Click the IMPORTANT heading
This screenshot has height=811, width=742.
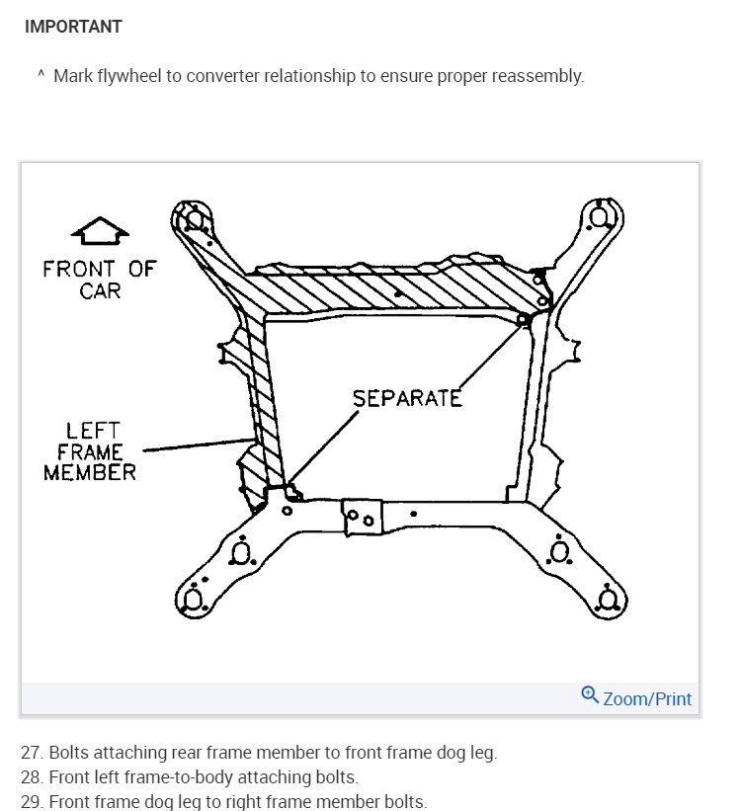coord(73,27)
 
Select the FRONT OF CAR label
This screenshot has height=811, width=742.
coord(99,279)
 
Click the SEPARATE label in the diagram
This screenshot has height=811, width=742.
coord(407,398)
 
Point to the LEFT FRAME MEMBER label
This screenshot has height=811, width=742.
coord(92,451)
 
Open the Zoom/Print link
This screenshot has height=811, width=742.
coord(647,698)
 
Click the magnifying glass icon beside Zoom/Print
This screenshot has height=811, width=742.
coord(590,695)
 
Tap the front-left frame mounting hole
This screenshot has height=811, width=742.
coord(194,218)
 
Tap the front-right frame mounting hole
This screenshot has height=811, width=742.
coord(599,214)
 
